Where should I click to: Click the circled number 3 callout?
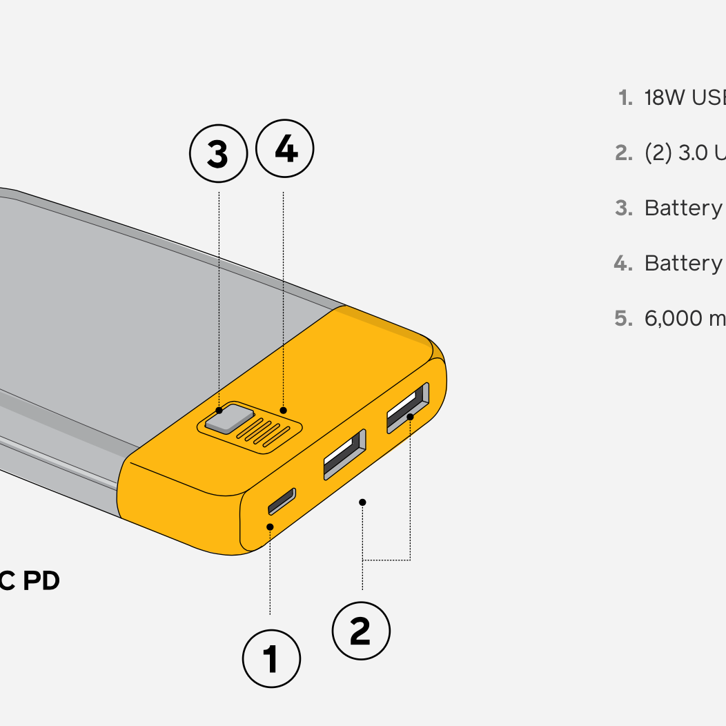pyautogui.click(x=218, y=154)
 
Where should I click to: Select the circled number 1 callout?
pyautogui.click(x=271, y=658)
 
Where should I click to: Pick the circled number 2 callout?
pyautogui.click(x=361, y=630)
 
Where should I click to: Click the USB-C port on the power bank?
pyautogui.click(x=282, y=501)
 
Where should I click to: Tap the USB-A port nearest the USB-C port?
pyautogui.click(x=344, y=454)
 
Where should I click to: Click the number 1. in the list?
pyautogui.click(x=625, y=98)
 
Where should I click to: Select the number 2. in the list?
pyautogui.click(x=623, y=153)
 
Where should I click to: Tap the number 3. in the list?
pyautogui.click(x=623, y=208)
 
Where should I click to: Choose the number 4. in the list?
pyautogui.click(x=623, y=263)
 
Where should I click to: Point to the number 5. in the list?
pyautogui.click(x=623, y=318)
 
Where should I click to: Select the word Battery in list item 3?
pyautogui.click(x=683, y=208)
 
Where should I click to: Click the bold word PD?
pyautogui.click(x=41, y=581)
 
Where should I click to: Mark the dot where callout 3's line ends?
pyautogui.click(x=219, y=411)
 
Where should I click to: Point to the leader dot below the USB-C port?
pyautogui.click(x=271, y=527)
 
